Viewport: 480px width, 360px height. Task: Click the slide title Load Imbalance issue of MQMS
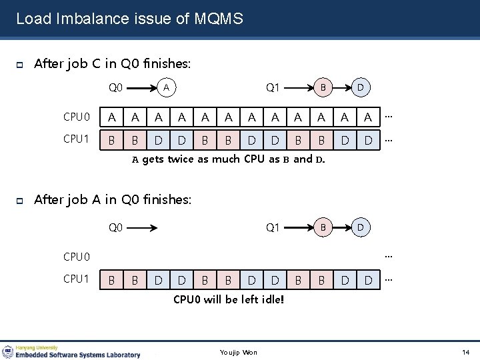click(129, 19)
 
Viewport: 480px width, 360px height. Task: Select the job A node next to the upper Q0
click(168, 87)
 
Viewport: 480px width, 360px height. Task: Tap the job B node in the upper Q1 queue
click(323, 87)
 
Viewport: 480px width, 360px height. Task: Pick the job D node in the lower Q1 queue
click(361, 227)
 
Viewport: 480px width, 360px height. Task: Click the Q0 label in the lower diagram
click(116, 228)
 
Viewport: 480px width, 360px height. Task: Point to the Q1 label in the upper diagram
click(273, 87)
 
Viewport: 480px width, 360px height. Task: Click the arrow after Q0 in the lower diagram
click(143, 228)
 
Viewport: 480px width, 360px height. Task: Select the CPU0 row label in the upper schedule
click(76, 117)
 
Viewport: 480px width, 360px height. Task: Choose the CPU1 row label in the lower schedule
click(76, 279)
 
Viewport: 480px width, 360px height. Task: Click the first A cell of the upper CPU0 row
click(111, 118)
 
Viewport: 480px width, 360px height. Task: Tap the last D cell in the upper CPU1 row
click(368, 141)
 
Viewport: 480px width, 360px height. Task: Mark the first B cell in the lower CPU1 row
click(111, 280)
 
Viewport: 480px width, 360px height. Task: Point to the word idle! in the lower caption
click(271, 299)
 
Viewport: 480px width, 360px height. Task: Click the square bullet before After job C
click(20, 65)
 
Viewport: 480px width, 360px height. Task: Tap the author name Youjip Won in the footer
click(239, 352)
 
